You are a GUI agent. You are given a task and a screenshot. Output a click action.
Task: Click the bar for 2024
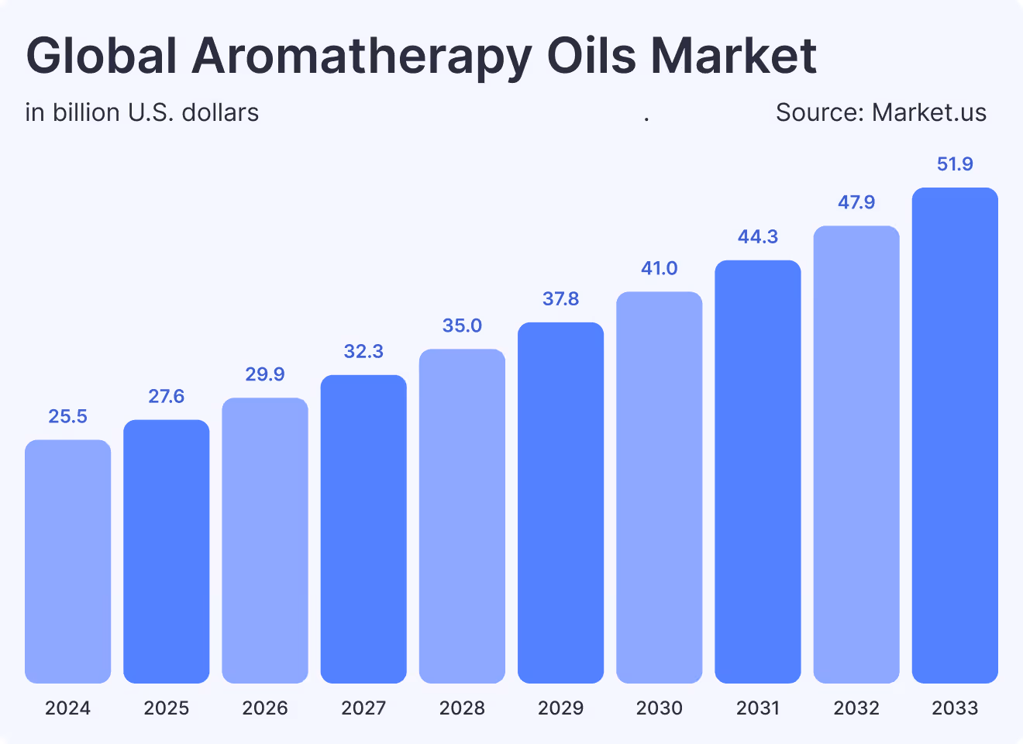(67, 561)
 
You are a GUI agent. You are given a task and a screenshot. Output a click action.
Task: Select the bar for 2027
(363, 529)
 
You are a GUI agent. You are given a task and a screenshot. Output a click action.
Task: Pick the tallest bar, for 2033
(955, 435)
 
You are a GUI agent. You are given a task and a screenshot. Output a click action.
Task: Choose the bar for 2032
(856, 454)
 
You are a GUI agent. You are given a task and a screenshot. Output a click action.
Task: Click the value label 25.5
(67, 417)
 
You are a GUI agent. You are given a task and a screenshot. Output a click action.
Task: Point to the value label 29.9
(265, 374)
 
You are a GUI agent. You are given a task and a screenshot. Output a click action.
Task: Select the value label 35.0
(462, 325)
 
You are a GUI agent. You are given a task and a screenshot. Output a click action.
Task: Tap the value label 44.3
(758, 236)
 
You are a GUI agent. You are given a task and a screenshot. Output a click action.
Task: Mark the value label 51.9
(955, 164)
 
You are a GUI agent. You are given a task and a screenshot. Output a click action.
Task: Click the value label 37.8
(560, 299)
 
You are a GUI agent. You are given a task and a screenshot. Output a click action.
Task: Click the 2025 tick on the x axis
(166, 708)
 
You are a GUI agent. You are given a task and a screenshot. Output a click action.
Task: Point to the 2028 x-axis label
(462, 708)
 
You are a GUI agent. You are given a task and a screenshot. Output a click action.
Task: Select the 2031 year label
(758, 708)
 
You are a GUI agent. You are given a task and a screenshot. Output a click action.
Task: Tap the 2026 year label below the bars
(265, 708)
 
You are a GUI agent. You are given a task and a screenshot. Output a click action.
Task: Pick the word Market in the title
(733, 56)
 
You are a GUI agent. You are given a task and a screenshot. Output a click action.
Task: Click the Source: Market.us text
(881, 113)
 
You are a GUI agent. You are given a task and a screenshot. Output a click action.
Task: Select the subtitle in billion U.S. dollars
(142, 113)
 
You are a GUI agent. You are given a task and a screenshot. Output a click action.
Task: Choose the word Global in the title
(102, 56)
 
